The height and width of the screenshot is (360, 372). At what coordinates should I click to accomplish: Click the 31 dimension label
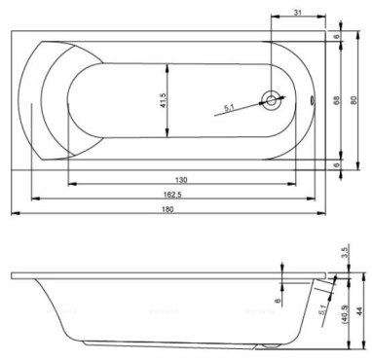(x=297, y=13)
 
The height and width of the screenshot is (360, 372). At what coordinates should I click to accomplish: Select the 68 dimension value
(x=337, y=100)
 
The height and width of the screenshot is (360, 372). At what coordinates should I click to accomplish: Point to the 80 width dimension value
(x=353, y=100)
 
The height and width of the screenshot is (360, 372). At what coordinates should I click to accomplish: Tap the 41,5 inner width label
(x=163, y=100)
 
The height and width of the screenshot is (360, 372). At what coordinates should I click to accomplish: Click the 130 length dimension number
(x=181, y=180)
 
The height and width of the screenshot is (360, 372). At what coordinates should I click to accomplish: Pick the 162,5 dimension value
(x=171, y=194)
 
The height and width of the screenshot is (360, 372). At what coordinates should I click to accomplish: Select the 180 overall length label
(x=167, y=209)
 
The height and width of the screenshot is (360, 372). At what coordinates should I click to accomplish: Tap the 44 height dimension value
(x=359, y=311)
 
